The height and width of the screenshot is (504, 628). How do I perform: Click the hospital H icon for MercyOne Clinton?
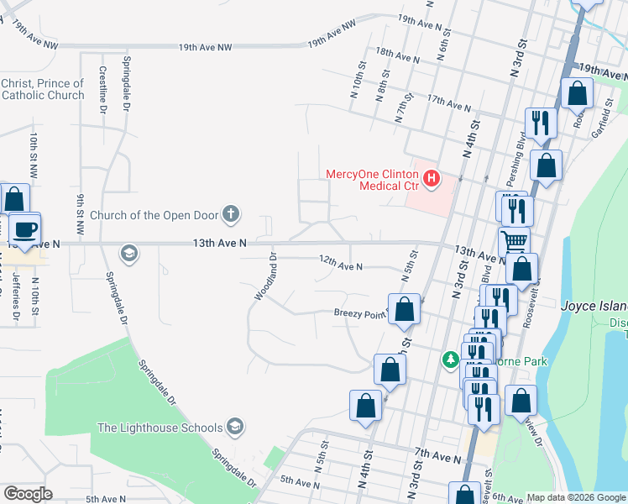pyautogui.click(x=432, y=178)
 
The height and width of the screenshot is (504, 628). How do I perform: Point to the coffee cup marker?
pyautogui.click(x=25, y=229)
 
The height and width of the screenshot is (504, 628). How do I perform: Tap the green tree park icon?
pyautogui.click(x=451, y=360)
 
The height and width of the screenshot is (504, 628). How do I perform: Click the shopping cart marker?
pyautogui.click(x=514, y=242)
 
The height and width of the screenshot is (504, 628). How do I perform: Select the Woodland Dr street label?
pyautogui.click(x=265, y=276)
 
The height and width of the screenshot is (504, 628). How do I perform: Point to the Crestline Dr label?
pyautogui.click(x=102, y=91)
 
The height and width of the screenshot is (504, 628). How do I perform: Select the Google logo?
pyautogui.click(x=28, y=494)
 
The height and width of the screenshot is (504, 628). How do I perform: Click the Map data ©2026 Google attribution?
pyautogui.click(x=575, y=497)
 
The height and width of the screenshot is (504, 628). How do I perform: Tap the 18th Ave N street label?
pyautogui.click(x=398, y=55)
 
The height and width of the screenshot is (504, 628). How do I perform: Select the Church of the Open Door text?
pyautogui.click(x=154, y=214)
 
